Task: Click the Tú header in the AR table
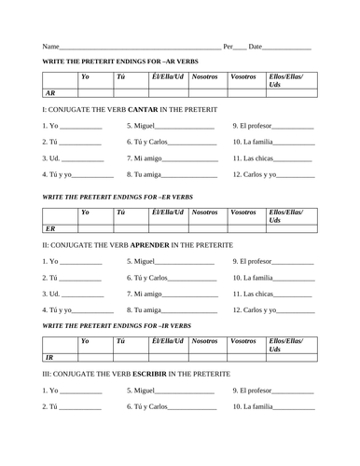(119, 76)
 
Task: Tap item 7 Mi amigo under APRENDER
(149, 293)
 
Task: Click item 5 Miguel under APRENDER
(145, 261)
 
